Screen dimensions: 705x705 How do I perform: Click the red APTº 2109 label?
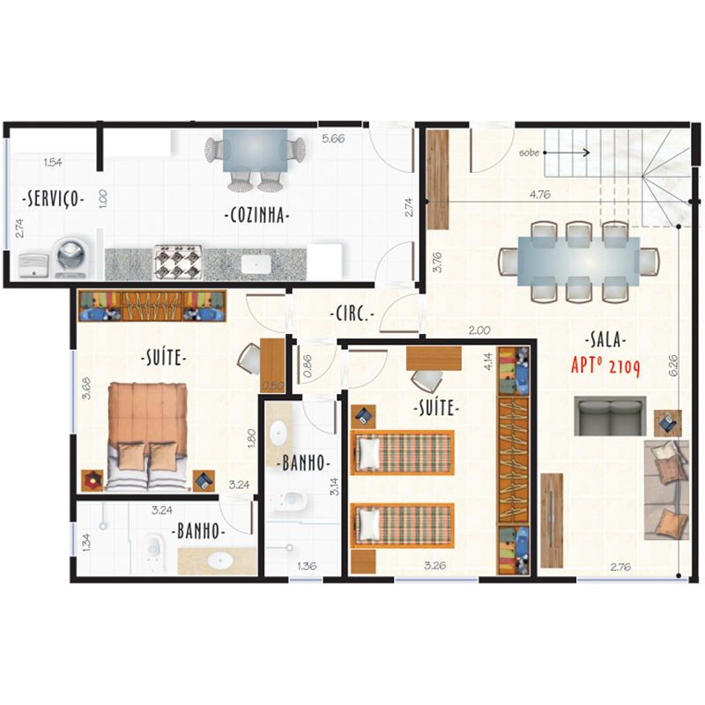coord(605,366)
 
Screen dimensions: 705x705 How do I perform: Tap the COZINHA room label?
coord(256,215)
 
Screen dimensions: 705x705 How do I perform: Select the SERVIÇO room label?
coord(53,198)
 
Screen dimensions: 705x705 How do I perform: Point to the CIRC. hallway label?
coord(352,314)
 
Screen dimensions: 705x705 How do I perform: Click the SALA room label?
coord(605,339)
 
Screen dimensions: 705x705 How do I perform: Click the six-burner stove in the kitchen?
coord(177,263)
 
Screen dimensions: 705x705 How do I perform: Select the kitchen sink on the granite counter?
coord(256,264)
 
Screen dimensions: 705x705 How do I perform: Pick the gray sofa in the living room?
coord(610,416)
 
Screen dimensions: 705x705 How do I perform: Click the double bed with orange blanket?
coord(147,436)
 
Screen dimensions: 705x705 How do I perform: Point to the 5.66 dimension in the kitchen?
coord(333,139)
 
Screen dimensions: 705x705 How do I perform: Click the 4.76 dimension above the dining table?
coord(540,195)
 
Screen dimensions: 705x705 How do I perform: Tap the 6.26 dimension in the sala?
coord(673,366)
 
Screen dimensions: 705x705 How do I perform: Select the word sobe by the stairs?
coord(530,152)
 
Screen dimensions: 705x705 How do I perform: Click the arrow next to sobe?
coord(567,152)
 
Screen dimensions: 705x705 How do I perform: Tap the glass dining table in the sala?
coord(579,261)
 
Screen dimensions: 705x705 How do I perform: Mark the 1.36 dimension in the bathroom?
coord(307,566)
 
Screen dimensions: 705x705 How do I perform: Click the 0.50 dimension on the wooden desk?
coord(273,386)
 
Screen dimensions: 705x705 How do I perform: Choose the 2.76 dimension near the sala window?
coord(620,568)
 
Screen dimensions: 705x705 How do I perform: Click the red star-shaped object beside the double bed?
coord(93,480)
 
